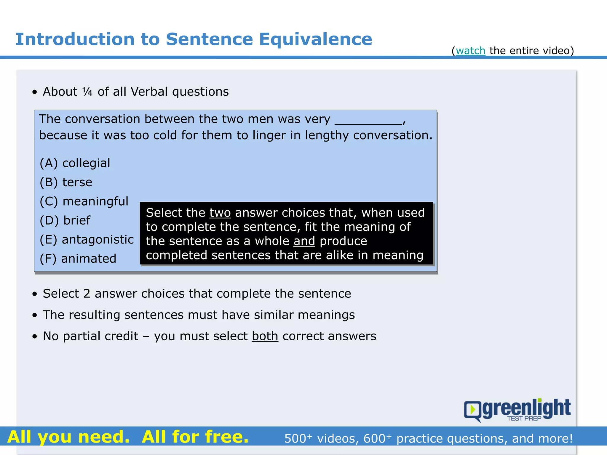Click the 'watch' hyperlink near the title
point(470,51)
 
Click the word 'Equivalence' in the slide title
point(315,39)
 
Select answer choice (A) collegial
point(75,163)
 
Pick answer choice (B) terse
point(66,182)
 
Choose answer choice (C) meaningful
point(84,201)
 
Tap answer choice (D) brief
point(65,220)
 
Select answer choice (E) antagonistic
point(87,239)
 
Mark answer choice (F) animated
point(78,259)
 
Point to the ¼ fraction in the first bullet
point(87,92)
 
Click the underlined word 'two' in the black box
point(220,213)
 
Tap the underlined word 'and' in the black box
point(304,241)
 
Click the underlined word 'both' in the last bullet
point(265,336)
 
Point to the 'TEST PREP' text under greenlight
point(524,418)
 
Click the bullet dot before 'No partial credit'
point(35,337)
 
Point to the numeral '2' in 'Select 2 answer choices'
point(87,294)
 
